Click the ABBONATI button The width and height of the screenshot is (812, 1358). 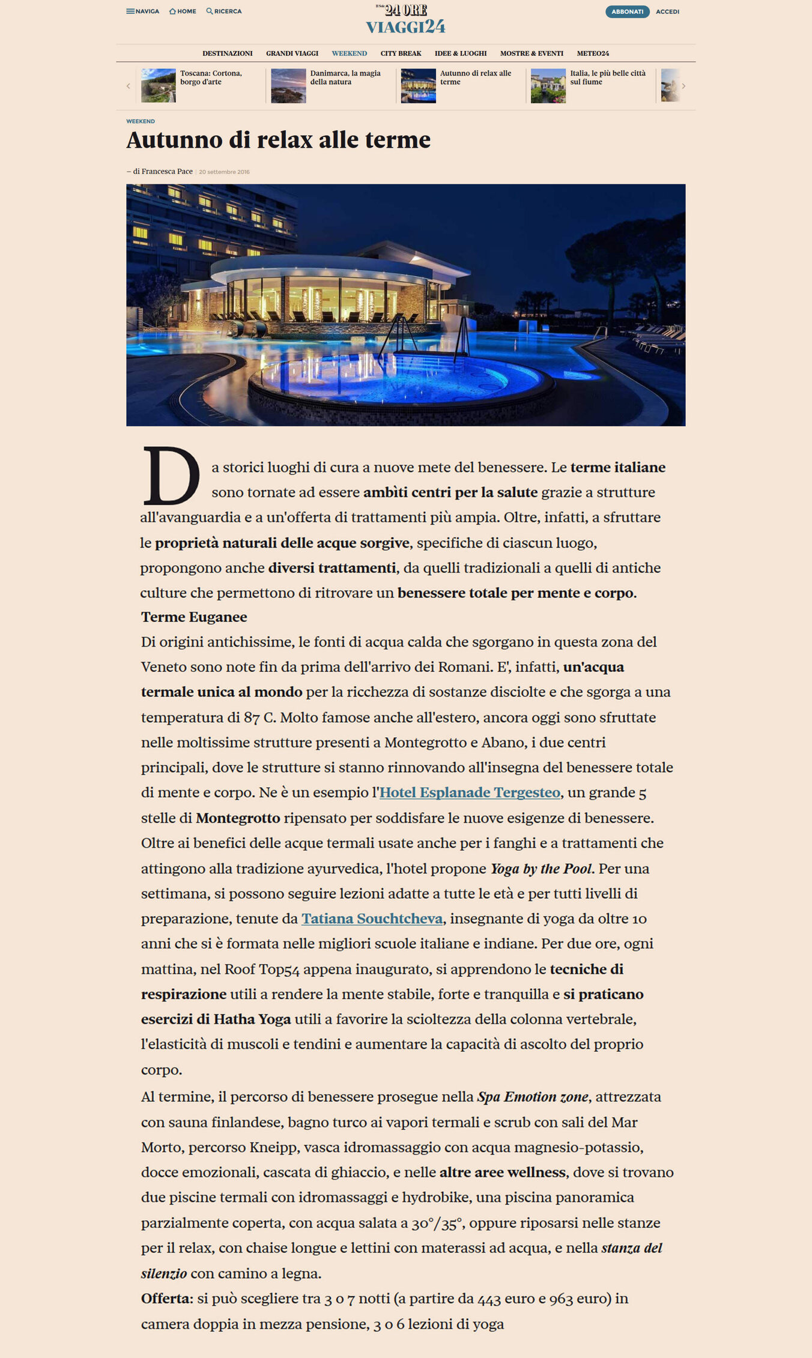pyautogui.click(x=627, y=11)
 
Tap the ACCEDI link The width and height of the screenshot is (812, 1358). pyautogui.click(x=667, y=11)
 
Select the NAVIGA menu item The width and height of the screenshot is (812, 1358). pyautogui.click(x=143, y=11)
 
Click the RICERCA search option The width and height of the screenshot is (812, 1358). pyautogui.click(x=224, y=11)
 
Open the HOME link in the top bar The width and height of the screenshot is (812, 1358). pyautogui.click(x=183, y=11)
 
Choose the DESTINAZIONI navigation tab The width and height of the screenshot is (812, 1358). pyautogui.click(x=227, y=53)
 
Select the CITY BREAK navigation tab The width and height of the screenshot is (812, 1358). pyautogui.click(x=401, y=53)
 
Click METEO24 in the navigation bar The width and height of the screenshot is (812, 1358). pyautogui.click(x=593, y=53)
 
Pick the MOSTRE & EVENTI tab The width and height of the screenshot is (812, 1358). pyautogui.click(x=532, y=53)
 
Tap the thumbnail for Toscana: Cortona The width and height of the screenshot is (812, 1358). pyautogui.click(x=159, y=85)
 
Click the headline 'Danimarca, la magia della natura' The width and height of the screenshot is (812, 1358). pyautogui.click(x=345, y=77)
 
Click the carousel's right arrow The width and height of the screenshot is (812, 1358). pyautogui.click(x=683, y=86)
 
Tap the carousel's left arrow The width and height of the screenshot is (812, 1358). pyautogui.click(x=128, y=86)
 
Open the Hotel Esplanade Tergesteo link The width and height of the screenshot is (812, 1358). pyautogui.click(x=470, y=792)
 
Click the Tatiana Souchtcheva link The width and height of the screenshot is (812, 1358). pyautogui.click(x=372, y=919)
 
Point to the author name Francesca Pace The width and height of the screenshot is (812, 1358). pyautogui.click(x=166, y=172)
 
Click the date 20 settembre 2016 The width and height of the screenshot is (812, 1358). pyautogui.click(x=224, y=172)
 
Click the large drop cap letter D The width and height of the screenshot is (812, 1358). pyautogui.click(x=171, y=476)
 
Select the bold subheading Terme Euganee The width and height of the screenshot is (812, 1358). pyautogui.click(x=194, y=617)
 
